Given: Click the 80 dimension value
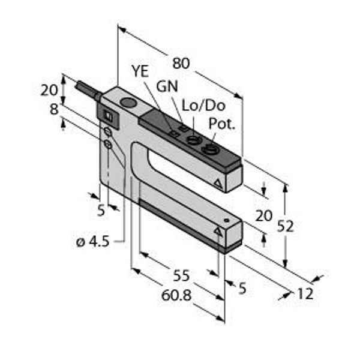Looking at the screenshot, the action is coord(181,64).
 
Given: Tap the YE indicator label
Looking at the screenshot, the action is coord(140,71).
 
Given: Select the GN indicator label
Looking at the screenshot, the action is coord(167,86).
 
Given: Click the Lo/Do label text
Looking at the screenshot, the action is coord(203,106).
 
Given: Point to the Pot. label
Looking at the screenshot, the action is coord(222,124).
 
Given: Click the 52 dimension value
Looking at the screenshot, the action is coord(286,226).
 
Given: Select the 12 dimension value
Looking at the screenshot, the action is coord(305,293).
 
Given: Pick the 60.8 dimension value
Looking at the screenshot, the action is coord(176,295).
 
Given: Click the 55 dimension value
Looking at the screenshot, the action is coord(181,275).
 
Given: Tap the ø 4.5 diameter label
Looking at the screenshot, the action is coord(93,242).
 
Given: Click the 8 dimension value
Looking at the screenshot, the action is coord(54,109).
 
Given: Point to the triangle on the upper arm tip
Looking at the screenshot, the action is coord(218,184).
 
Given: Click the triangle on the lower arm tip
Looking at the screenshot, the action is coord(218,232).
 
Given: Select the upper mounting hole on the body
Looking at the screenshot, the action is coord(107,131).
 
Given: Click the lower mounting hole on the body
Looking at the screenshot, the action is coord(107,144).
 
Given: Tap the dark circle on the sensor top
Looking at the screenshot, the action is coord(128,103).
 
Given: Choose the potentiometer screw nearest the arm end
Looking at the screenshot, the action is coord(209,149).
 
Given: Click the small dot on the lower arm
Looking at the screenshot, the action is coord(227,220).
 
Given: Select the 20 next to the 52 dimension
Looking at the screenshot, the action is coord(264,215).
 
